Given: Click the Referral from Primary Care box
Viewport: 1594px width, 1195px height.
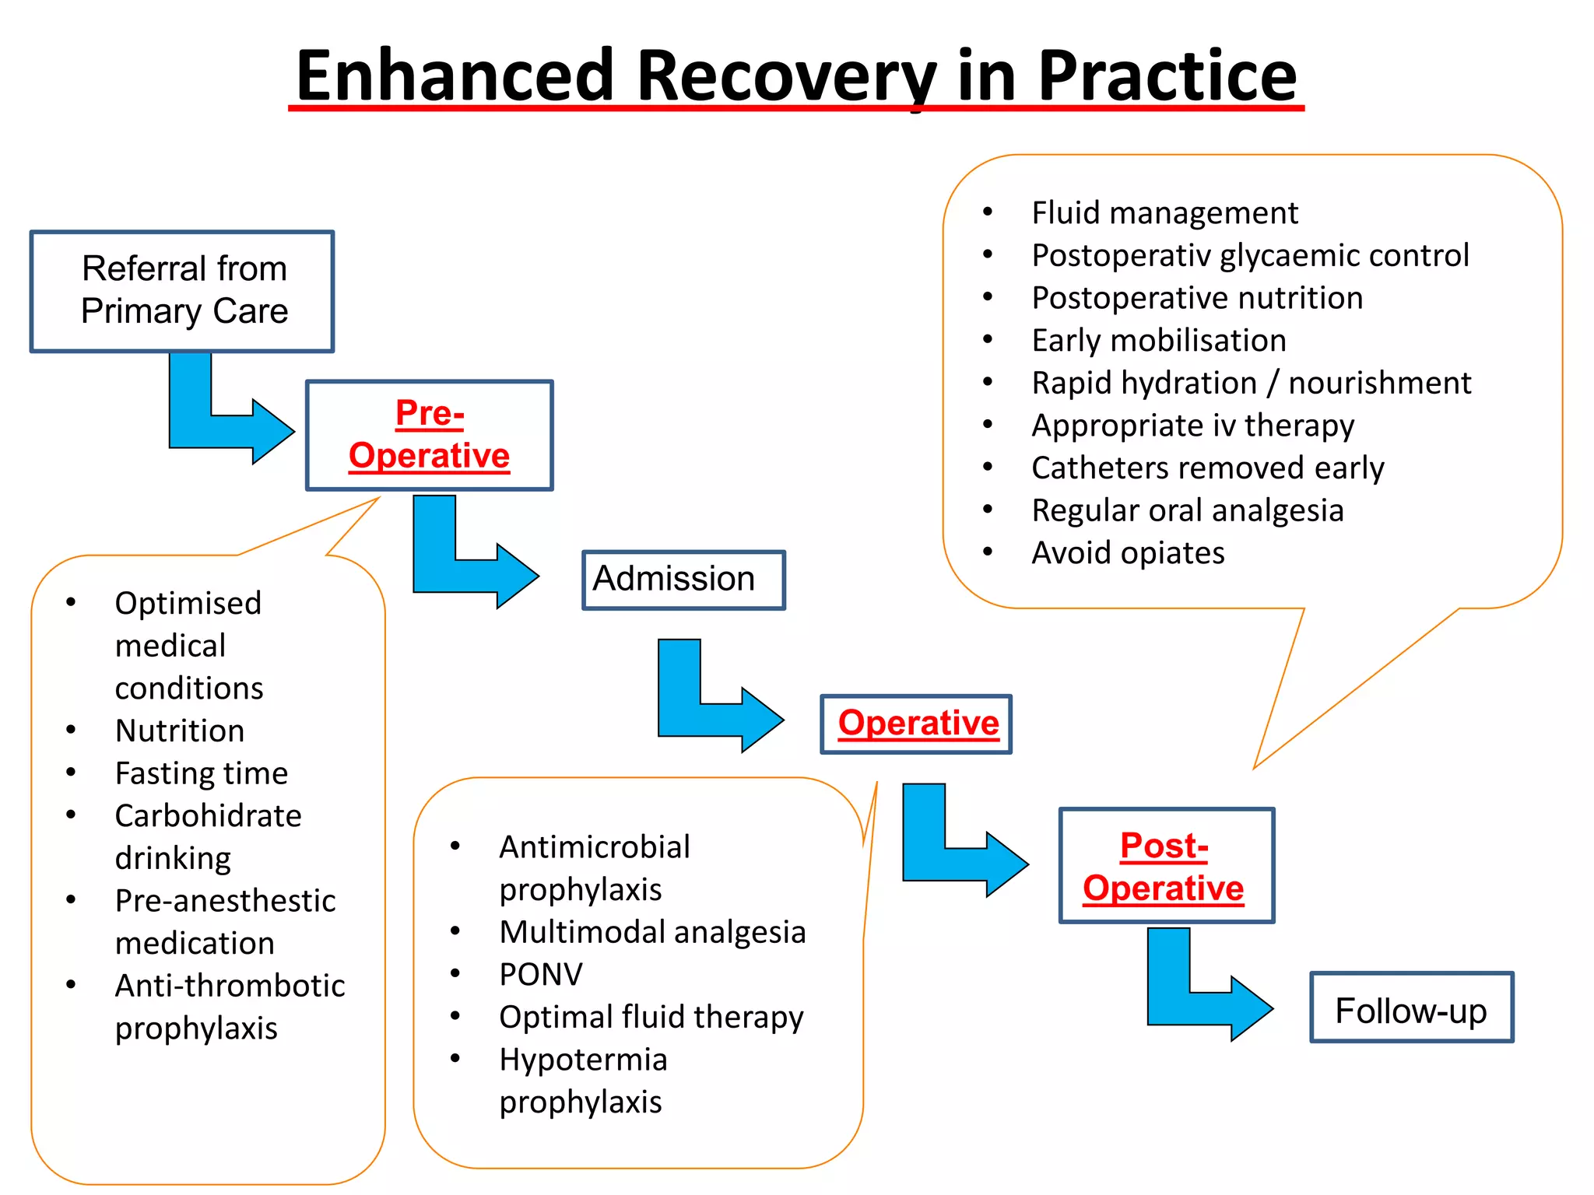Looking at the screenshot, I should pos(182,291).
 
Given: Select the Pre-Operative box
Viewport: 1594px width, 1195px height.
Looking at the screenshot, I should pos(429,435).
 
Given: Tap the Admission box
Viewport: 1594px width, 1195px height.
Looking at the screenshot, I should pos(683,580).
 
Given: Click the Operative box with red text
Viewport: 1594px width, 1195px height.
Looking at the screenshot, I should pos(916,724).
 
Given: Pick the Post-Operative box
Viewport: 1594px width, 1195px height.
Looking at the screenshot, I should pos(1165,866).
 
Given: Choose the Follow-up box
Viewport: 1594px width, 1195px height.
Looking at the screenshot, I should pos(1411,1008).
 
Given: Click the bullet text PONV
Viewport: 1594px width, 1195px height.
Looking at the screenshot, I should pos(541,974).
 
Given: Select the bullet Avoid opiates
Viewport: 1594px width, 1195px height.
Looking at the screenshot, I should pos(1127,553).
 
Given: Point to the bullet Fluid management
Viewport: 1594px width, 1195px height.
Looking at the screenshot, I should pos(1164,213).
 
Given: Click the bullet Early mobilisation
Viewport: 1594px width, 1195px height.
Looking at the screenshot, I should pos(1158,341).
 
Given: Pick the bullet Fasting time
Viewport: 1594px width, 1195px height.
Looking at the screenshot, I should pos(201,773).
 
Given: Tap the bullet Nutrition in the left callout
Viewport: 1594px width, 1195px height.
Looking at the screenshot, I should pos(179,731).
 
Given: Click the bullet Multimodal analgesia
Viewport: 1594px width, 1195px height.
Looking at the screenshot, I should pos(651,932).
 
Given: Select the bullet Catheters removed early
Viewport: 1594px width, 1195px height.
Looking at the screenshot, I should pos(1207,468).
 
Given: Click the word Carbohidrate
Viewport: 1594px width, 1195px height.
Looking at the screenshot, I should pos(208,816).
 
